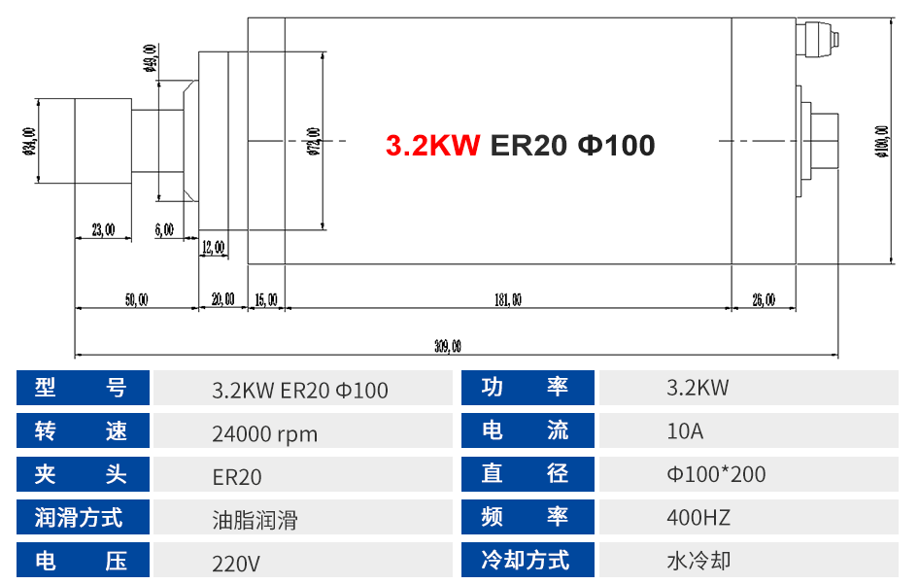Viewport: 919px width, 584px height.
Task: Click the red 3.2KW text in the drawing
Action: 432,145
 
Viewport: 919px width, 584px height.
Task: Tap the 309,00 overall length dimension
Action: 448,345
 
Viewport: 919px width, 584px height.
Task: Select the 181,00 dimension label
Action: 507,300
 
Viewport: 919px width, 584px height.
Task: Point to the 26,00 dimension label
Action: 764,300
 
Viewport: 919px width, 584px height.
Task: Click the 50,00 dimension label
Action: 136,300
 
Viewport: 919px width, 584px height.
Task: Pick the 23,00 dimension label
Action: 103,230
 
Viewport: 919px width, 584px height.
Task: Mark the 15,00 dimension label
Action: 265,300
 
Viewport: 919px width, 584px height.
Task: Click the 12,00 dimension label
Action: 213,248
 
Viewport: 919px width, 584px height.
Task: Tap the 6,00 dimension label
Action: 164,230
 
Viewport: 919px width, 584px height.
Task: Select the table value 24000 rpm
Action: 264,433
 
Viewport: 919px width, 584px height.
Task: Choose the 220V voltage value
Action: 236,563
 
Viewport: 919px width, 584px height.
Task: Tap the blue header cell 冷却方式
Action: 525,561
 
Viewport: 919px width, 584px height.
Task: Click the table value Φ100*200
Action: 716,474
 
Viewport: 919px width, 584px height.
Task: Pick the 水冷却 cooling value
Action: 698,561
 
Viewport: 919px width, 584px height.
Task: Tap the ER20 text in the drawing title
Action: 528,145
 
